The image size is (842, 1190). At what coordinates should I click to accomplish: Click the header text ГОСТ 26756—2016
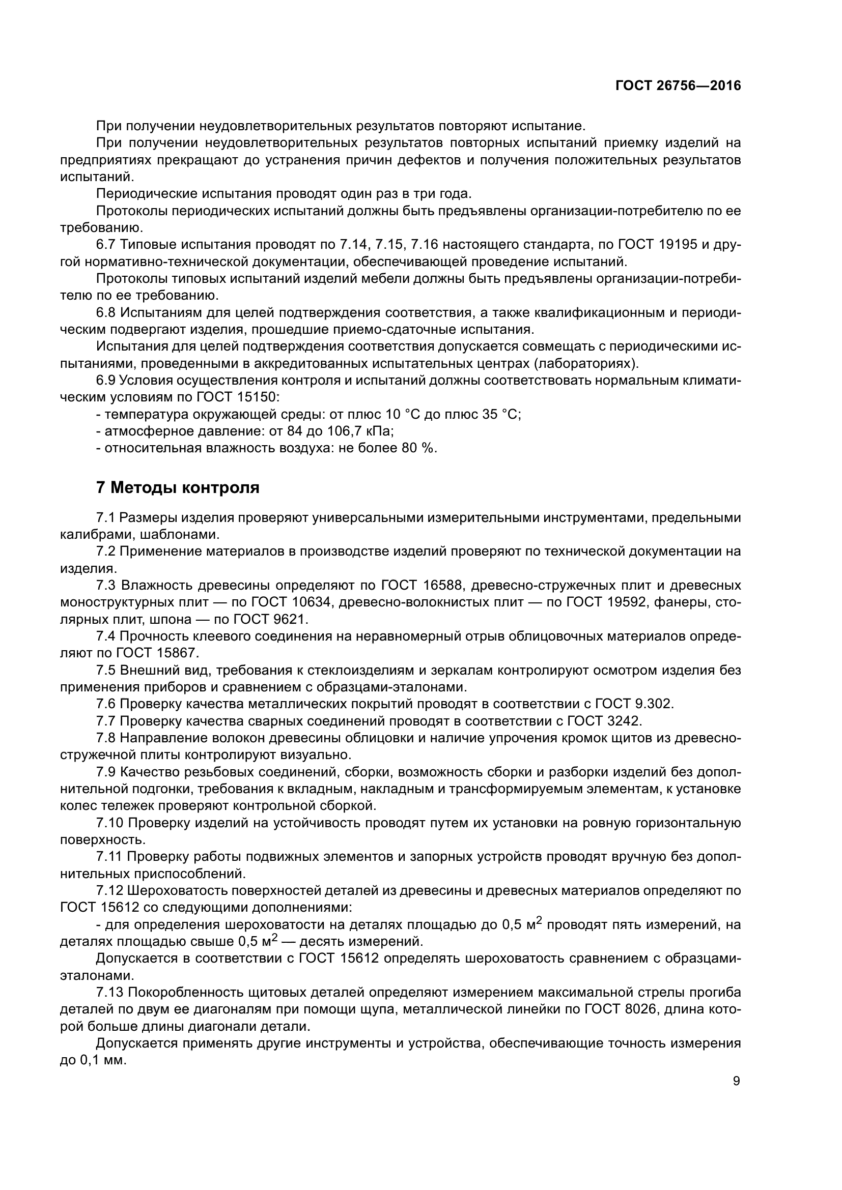[x=678, y=86]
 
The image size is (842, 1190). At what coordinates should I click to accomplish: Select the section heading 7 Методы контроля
[x=178, y=488]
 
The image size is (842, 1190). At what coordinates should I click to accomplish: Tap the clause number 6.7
[x=106, y=245]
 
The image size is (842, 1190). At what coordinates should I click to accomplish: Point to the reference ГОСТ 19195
[x=658, y=245]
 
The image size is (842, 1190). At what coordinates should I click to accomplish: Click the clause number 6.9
[x=106, y=381]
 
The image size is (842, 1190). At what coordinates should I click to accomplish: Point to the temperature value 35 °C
[x=498, y=415]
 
